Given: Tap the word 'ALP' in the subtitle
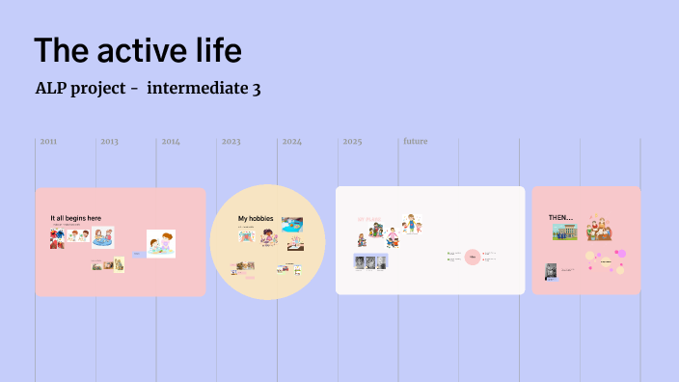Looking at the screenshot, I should pos(51,89).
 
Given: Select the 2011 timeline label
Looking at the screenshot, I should pos(48,142).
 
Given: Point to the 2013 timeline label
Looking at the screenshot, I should pos(109,142).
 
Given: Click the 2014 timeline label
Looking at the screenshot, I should pos(171,142).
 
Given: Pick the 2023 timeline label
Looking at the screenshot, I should pos(231,142).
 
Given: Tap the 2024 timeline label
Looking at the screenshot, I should pos(291,142).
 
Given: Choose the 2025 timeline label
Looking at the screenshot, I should pos(352,142).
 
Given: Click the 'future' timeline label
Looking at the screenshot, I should pos(415,142).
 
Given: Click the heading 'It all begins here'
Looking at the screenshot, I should pos(75,218).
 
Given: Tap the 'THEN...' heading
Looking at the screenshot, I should pos(560,217).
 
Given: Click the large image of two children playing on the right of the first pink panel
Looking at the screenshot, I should pos(161,243).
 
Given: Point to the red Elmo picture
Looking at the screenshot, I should pos(56,238).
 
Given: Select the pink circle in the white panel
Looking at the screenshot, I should pos(472,257).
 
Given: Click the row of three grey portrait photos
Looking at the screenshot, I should pos(370,262).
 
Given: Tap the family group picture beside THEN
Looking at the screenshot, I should pos(599,229).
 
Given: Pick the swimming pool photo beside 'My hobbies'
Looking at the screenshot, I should pos(292,224).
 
